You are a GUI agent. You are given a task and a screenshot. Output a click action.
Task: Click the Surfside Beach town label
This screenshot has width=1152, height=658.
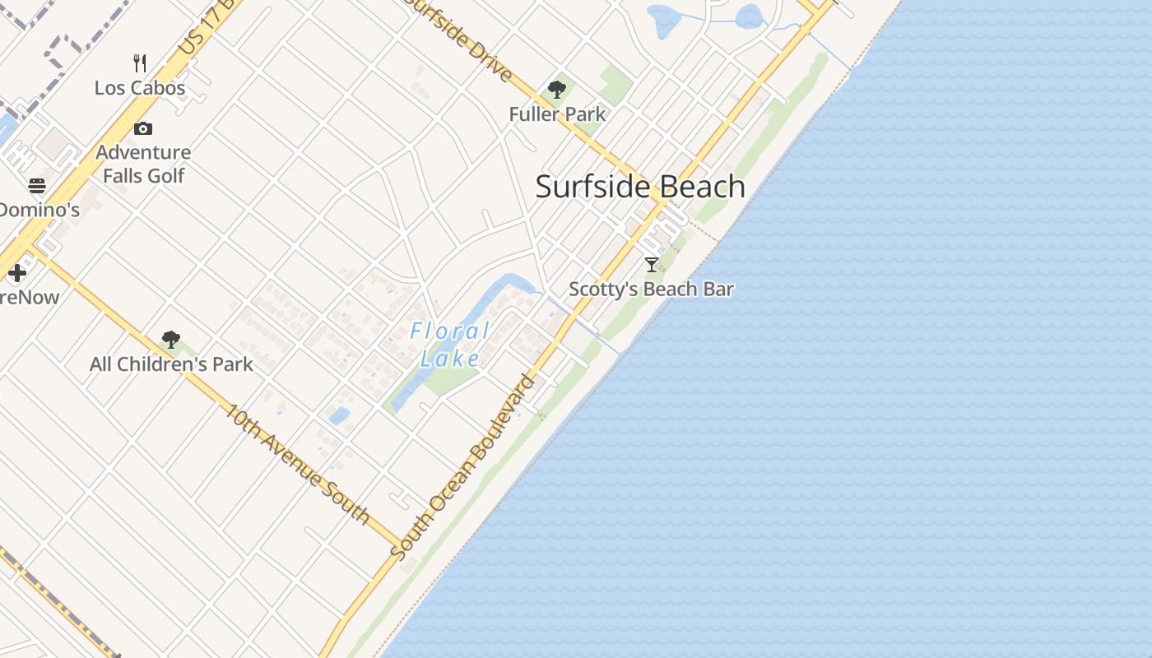(640, 187)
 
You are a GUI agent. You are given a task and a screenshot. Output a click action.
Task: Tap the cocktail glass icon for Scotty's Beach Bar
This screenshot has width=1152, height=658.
(652, 264)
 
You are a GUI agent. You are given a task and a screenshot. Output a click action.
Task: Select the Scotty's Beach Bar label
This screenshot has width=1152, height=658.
(651, 289)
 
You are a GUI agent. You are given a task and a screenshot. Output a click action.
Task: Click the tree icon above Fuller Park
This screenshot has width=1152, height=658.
(557, 90)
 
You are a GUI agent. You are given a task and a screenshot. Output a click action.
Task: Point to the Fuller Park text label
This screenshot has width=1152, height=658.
(557, 114)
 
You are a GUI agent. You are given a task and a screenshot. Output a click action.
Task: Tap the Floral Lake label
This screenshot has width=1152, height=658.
(450, 345)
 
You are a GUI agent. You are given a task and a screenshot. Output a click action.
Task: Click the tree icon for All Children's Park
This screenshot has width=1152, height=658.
(171, 339)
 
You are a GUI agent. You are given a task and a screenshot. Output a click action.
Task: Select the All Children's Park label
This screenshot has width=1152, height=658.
(171, 364)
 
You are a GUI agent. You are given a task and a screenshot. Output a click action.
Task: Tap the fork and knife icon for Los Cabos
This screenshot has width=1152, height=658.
(140, 63)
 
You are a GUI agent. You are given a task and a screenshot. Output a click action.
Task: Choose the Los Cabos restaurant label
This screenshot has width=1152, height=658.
(140, 88)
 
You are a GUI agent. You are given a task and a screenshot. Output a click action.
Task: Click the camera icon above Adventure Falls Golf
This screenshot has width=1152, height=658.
(143, 128)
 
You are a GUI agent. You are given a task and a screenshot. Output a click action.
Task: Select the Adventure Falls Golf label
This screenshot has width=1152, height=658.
(143, 164)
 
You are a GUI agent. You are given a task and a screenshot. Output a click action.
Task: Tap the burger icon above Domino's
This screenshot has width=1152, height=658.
(37, 185)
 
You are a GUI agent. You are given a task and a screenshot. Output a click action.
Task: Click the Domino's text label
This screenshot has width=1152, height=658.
(39, 210)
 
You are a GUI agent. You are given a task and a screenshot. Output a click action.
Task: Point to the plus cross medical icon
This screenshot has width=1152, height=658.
(17, 272)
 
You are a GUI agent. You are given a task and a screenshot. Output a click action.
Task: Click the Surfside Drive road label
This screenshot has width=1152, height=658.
(461, 37)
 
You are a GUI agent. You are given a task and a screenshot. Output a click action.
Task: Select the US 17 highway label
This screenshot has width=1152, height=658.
(195, 35)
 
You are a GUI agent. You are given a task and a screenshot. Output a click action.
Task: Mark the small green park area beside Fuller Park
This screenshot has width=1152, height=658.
(615, 83)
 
